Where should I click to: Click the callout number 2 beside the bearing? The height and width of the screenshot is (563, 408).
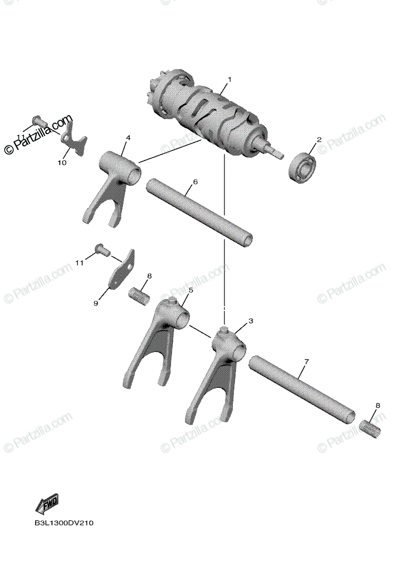coord(319,139)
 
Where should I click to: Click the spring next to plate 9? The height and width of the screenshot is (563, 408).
coord(139,297)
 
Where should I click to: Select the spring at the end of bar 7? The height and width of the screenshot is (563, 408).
coord(372,428)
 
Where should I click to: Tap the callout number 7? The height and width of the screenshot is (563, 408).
coord(306,361)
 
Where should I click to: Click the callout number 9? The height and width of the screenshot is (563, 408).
coord(96,304)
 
